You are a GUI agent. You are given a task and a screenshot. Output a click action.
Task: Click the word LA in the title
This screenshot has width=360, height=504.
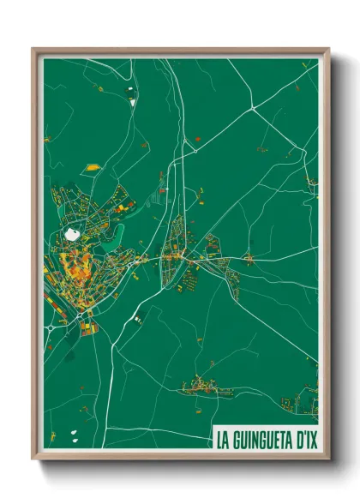tap(223, 438)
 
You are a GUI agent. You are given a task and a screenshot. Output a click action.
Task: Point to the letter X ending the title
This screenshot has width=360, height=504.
tap(312, 438)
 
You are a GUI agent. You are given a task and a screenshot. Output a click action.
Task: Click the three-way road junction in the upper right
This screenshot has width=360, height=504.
tap(255, 110)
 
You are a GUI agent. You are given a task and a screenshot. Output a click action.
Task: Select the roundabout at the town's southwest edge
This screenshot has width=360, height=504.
tap(52, 327)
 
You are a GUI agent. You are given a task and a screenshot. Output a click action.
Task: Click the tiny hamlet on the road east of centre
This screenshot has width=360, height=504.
tap(249, 257)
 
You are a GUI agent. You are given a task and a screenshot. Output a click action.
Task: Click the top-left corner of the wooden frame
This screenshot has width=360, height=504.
tap(33, 49)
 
